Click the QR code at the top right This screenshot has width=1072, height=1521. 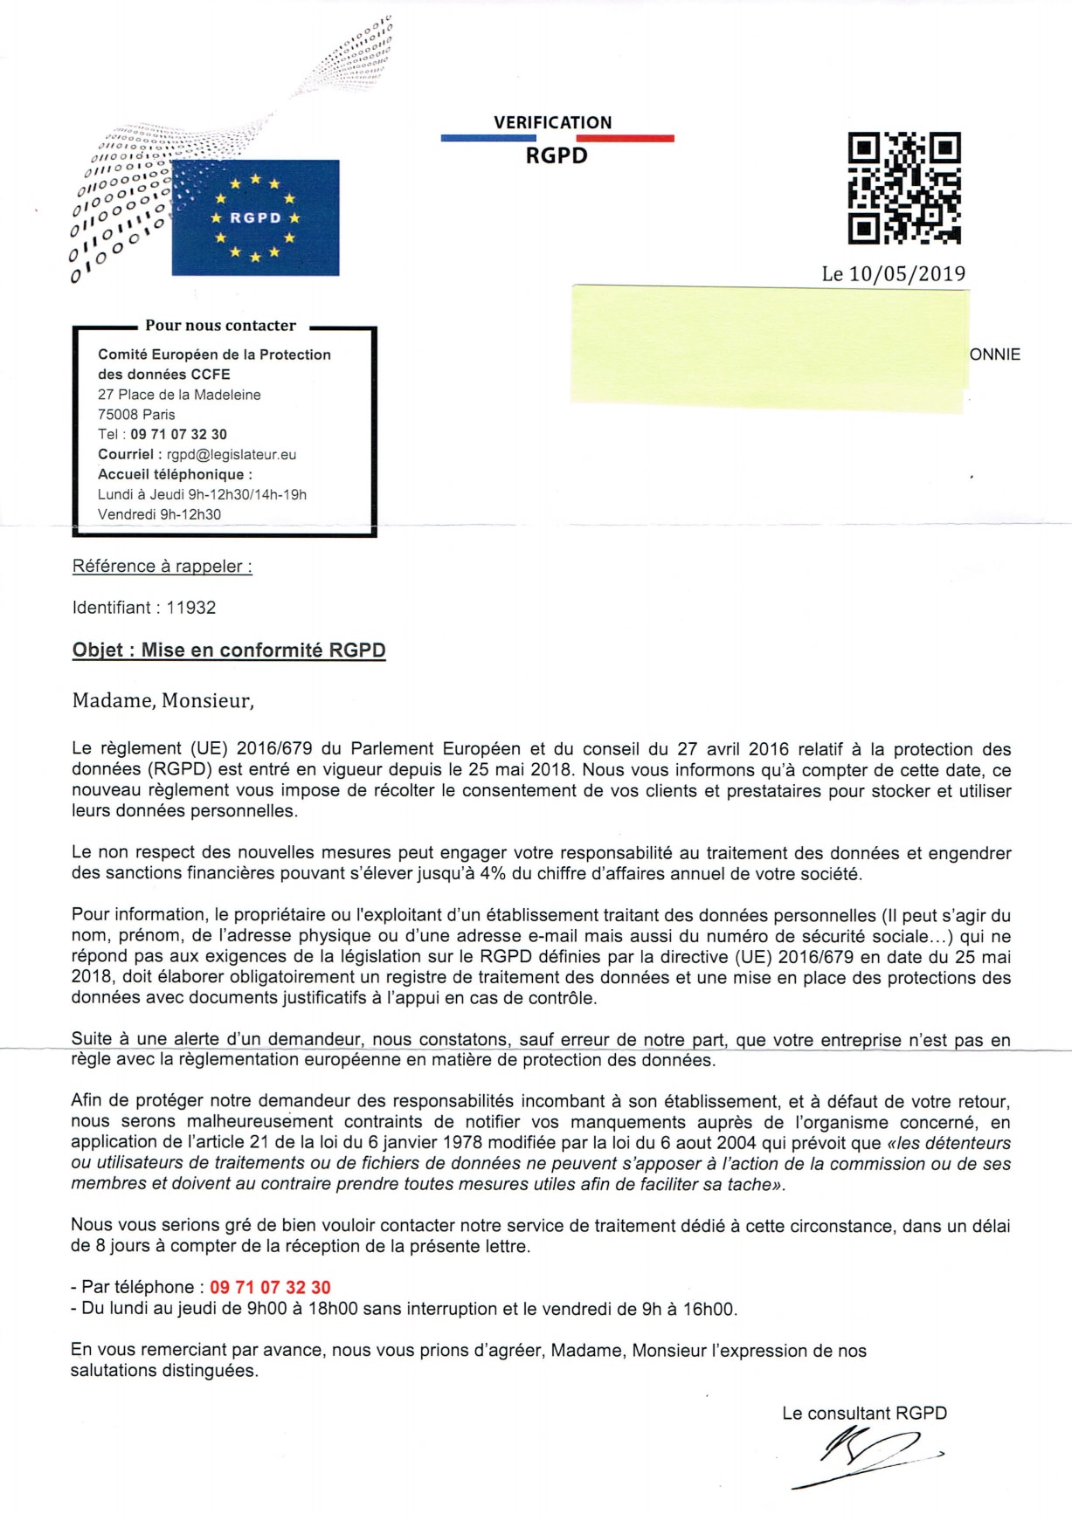point(904,187)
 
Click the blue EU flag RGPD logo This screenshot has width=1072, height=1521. point(255,217)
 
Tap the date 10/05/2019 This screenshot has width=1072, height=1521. point(907,273)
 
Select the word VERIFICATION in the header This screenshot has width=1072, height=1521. point(552,122)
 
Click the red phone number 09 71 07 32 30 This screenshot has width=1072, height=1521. point(270,1287)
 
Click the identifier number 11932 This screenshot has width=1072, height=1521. point(191,608)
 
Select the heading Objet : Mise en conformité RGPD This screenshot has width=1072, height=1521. point(229,650)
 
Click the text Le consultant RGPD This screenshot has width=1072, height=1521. point(864,1413)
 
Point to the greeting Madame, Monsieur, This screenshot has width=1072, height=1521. point(163,700)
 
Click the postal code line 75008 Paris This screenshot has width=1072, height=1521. point(136,415)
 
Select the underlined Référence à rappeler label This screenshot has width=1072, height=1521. point(163,566)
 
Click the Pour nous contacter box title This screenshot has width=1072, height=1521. point(220,326)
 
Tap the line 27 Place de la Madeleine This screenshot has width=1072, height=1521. point(179,395)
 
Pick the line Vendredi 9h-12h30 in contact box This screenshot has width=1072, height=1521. point(159,514)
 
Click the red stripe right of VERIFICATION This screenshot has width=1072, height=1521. point(637,138)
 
